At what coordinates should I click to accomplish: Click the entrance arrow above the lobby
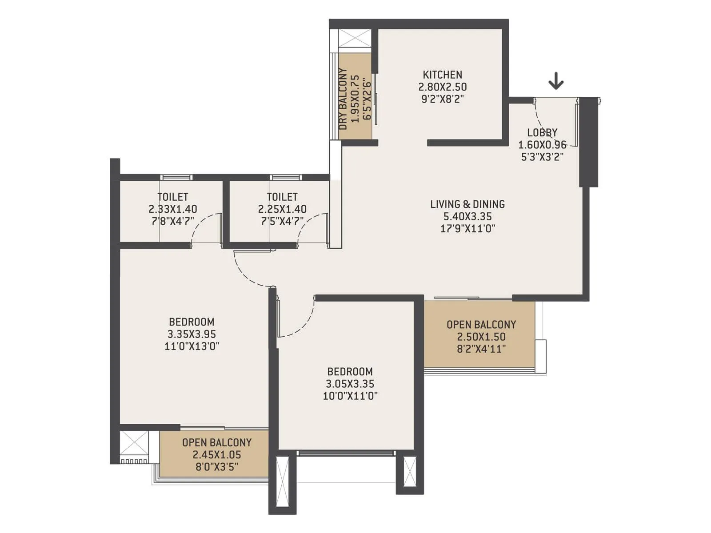(555, 82)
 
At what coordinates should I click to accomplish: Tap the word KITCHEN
(442, 75)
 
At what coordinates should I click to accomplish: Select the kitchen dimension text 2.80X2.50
(442, 87)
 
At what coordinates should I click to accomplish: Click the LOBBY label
(542, 132)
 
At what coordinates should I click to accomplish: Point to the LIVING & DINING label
(467, 204)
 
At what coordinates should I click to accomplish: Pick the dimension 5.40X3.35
(467, 217)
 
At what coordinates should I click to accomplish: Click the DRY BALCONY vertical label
(343, 99)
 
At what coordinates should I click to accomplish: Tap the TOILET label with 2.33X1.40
(172, 197)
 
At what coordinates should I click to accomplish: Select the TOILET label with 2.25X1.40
(282, 197)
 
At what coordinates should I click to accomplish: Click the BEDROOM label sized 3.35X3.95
(192, 322)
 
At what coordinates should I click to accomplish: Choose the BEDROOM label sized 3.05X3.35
(350, 371)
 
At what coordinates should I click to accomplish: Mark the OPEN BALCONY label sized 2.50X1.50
(481, 325)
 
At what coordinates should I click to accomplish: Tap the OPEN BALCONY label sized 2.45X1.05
(217, 442)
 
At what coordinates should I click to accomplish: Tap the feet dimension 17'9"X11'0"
(467, 229)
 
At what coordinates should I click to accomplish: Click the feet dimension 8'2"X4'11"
(481, 349)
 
